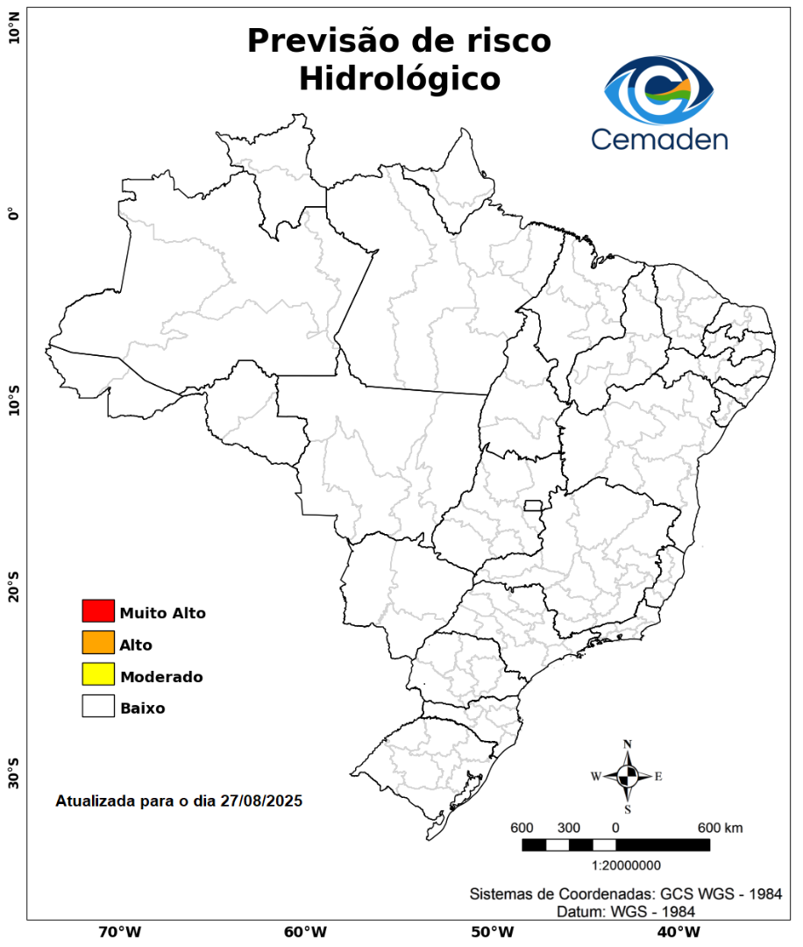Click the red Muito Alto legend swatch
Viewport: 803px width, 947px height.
[x=98, y=610]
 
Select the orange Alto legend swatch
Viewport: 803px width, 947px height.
[x=98, y=643]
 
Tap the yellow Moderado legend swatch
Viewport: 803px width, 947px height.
[x=98, y=674]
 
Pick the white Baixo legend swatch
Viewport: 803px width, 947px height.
[x=98, y=706]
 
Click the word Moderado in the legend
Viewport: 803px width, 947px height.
[x=161, y=677]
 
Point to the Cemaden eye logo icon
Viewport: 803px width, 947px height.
[x=659, y=89]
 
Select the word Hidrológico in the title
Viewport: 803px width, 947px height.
[x=399, y=79]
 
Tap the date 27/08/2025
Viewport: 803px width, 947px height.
[x=261, y=801]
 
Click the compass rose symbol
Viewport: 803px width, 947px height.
[x=628, y=776]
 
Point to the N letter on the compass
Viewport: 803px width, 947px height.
[x=628, y=744]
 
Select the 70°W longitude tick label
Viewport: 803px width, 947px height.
[x=120, y=931]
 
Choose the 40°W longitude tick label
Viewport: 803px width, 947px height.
[x=676, y=931]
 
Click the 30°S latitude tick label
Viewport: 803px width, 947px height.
[x=13, y=774]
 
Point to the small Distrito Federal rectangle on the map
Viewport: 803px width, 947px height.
[x=533, y=505]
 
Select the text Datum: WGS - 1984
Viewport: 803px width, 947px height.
[x=626, y=912]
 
